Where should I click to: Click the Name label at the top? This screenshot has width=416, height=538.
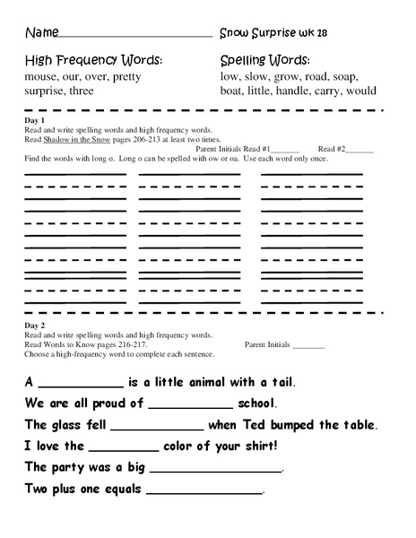pos(39,32)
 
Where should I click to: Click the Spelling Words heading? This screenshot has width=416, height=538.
pos(264,61)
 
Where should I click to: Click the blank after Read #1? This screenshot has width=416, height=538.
pos(284,150)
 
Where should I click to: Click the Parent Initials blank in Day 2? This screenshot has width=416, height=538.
pos(309,346)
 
